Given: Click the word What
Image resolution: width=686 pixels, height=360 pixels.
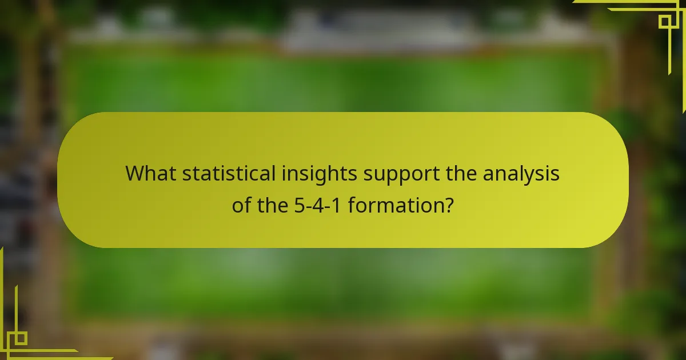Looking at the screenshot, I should click(x=151, y=174).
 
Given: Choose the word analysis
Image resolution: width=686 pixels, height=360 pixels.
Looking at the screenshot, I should click(x=521, y=174).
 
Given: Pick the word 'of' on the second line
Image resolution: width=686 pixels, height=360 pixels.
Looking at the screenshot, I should click(x=241, y=205).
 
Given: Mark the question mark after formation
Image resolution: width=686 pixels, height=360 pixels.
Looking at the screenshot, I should click(x=449, y=205).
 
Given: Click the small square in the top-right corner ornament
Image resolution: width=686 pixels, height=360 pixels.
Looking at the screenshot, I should click(x=664, y=22).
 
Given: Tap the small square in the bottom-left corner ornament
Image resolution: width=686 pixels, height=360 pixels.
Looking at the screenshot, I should click(x=21, y=338).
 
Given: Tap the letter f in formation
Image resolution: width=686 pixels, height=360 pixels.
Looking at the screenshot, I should click(x=351, y=204).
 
